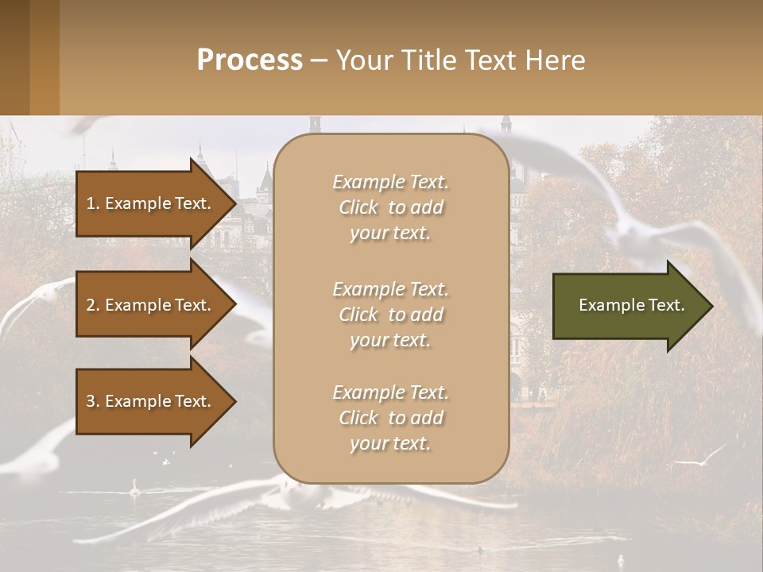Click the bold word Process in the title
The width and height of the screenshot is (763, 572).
[x=250, y=60]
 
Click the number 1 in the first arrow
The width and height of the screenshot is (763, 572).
[x=91, y=203]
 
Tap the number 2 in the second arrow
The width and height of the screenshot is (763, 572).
[x=91, y=305]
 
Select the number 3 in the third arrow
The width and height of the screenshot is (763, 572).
[x=91, y=401]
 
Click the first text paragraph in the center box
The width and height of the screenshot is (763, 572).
[x=391, y=207]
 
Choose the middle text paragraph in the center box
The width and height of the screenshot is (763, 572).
[x=391, y=315]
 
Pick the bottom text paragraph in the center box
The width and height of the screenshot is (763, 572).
[x=391, y=418]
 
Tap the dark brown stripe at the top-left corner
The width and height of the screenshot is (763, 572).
[x=14, y=57]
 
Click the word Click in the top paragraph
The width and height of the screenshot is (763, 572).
[x=358, y=207]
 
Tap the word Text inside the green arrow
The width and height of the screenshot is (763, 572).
[x=668, y=305]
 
